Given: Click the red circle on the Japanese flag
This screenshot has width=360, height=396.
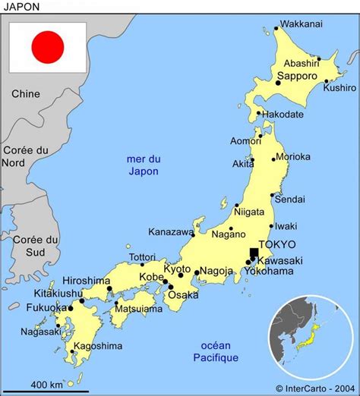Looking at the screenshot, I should tap(47, 47).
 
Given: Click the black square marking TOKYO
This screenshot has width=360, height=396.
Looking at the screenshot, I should tap(254, 253).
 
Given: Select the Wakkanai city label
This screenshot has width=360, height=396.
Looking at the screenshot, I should tap(302, 24).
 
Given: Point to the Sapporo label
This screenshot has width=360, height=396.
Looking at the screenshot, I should tap(296, 77).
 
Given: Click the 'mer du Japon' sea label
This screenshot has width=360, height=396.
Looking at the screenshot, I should tap(144, 165).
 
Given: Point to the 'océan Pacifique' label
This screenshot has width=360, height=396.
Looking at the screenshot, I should tap(216, 351).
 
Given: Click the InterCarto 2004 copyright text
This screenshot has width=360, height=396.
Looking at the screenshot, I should tap(317, 388).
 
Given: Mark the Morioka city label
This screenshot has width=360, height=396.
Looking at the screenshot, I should tap(293, 157).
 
